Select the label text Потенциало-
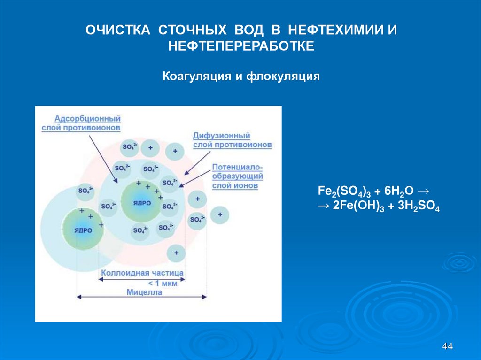tap(237, 167)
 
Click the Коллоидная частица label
tap(143, 272)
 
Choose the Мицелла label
tap(144, 292)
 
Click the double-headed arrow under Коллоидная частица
tap(142, 278)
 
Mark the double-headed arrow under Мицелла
tap(141, 297)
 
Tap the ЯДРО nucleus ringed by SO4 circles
tap(141, 202)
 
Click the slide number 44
tap(447, 346)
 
